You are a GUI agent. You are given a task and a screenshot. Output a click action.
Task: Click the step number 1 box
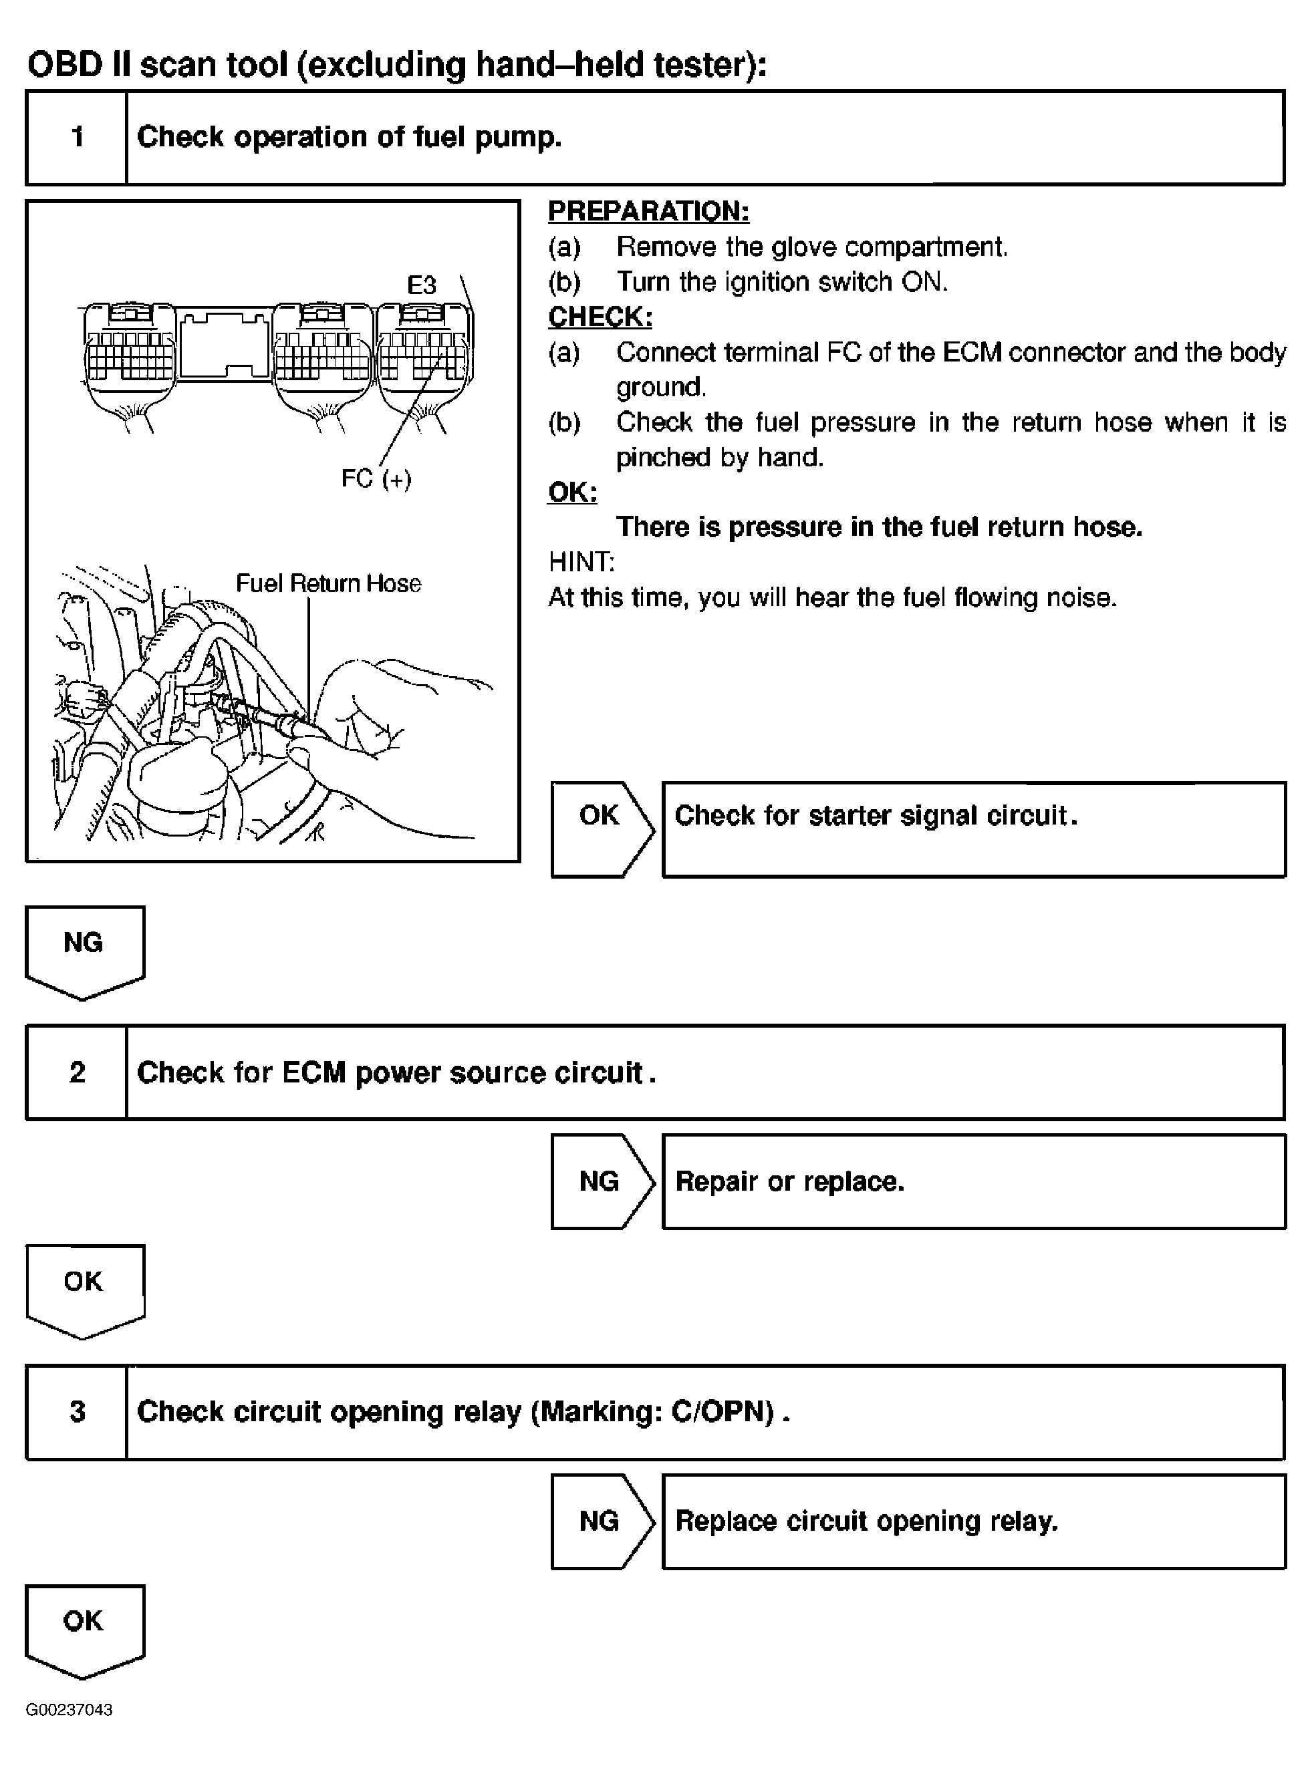(77, 138)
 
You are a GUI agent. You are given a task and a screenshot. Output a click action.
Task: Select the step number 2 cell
(77, 1072)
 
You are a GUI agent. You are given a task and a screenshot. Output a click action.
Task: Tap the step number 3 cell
(77, 1411)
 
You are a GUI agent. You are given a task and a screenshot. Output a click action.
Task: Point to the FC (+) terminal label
(376, 479)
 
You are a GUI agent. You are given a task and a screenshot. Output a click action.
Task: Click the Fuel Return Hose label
(328, 583)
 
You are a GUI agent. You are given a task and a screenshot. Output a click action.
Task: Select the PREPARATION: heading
(648, 211)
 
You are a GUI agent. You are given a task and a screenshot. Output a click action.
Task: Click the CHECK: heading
(600, 317)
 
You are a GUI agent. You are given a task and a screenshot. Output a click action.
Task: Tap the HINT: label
(581, 562)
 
